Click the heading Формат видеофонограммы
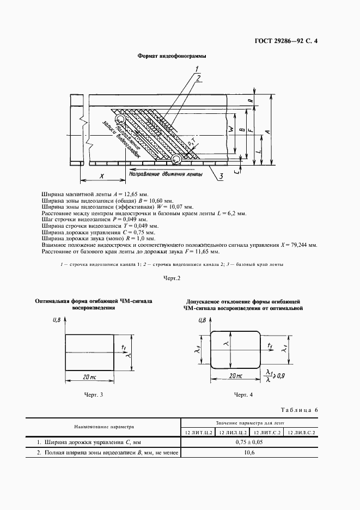pyautogui.click(x=172, y=56)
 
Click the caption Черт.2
pyautogui.click(x=172, y=278)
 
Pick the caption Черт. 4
pyautogui.click(x=243, y=394)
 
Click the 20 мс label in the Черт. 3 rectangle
pyautogui.click(x=90, y=377)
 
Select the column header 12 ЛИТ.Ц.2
pyautogui.click(x=197, y=432)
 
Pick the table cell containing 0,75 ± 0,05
pyautogui.click(x=249, y=442)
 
